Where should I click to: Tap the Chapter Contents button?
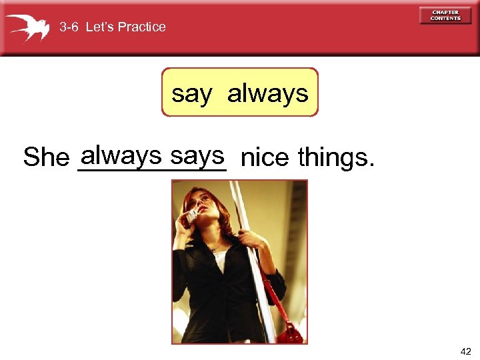click(x=445, y=15)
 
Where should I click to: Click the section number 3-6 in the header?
click(x=69, y=27)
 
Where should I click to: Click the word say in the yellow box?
click(x=191, y=93)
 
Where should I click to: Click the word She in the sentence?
click(x=46, y=158)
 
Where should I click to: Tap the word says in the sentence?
click(x=197, y=155)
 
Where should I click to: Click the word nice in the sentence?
click(x=265, y=158)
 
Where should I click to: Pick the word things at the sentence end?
click(x=336, y=158)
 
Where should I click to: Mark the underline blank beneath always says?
click(x=152, y=171)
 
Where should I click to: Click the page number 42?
click(x=465, y=351)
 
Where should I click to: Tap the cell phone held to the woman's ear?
click(x=191, y=215)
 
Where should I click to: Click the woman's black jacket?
click(x=213, y=293)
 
